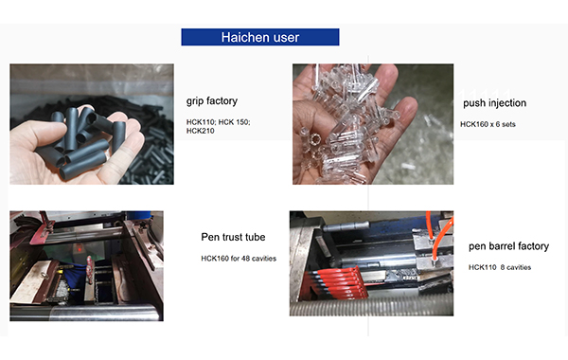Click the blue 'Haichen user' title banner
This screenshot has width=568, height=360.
point(260,37)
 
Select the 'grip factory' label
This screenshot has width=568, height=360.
point(212,100)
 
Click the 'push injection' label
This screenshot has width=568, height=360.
point(495,102)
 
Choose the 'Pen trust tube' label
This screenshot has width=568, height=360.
point(233,237)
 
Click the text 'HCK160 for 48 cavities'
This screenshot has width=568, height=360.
point(239,258)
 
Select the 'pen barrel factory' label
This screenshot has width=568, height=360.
point(508,246)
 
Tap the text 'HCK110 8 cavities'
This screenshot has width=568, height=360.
point(499,267)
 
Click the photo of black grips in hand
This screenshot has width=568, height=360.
point(92,124)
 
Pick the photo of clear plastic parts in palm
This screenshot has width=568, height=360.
point(354,124)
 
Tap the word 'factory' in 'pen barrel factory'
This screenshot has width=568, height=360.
point(530,246)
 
